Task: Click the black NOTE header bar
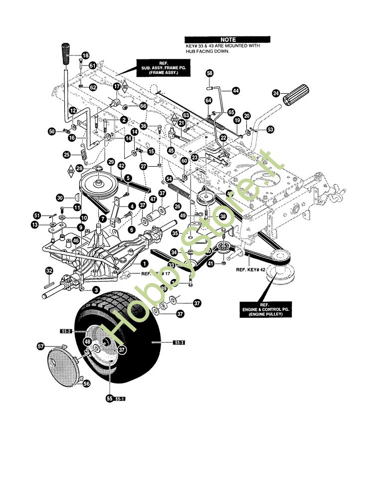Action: point(227,39)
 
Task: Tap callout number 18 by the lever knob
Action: point(85,55)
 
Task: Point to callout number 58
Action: point(209,73)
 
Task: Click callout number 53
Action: point(270,130)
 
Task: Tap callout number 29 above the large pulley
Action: point(111,163)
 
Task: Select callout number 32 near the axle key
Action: point(49,271)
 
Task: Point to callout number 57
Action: point(41,345)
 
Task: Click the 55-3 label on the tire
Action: point(179,343)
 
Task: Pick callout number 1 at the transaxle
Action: point(144,263)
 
